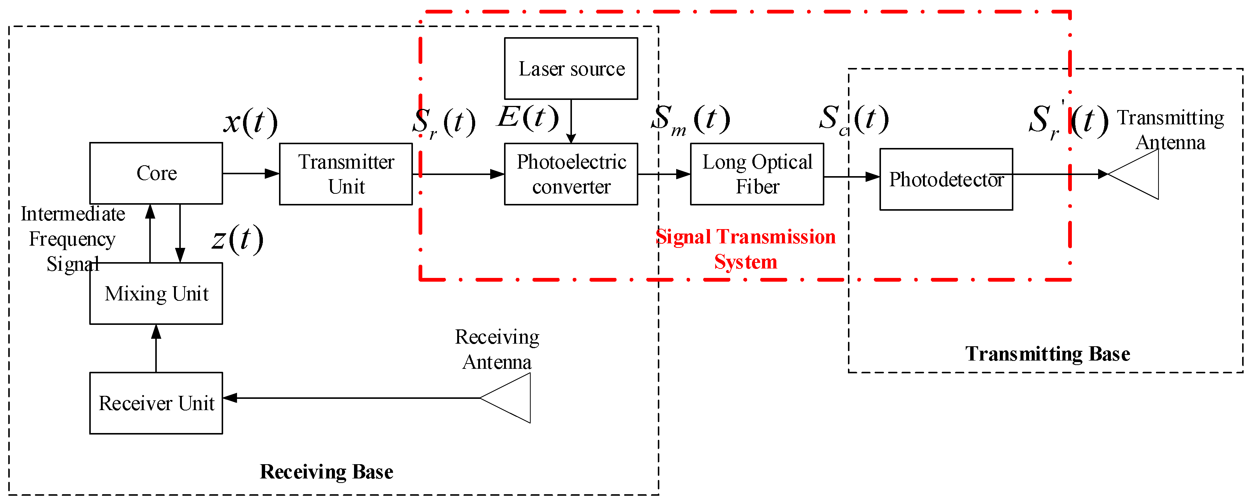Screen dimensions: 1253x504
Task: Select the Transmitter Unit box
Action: coord(346,174)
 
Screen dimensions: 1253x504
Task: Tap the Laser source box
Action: coord(571,69)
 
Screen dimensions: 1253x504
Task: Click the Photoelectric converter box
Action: coord(571,174)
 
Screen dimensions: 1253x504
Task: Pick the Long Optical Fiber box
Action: coord(757,174)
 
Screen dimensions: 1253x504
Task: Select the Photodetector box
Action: coord(946,179)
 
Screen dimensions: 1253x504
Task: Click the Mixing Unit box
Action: coord(156,294)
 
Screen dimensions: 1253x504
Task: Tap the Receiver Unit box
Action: coord(156,403)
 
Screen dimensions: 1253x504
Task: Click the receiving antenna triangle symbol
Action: coord(506,398)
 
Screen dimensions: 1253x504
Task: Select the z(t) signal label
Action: coord(238,239)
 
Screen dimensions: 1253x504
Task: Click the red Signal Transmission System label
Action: coord(746,249)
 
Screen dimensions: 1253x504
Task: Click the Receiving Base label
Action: coord(326,472)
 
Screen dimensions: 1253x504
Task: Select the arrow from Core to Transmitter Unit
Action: coord(251,174)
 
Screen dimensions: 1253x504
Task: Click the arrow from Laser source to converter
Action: coord(571,121)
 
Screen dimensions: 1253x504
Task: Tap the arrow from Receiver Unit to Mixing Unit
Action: coord(156,349)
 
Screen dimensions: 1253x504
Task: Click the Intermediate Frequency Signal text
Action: coord(73,239)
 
